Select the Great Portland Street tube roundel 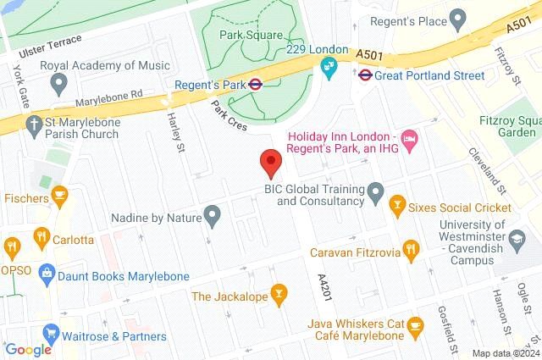[x=364, y=75]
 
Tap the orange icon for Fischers [x=59, y=197]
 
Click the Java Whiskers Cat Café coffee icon [x=415, y=324]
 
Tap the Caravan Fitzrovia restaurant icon [x=412, y=248]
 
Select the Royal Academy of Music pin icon [x=59, y=83]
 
